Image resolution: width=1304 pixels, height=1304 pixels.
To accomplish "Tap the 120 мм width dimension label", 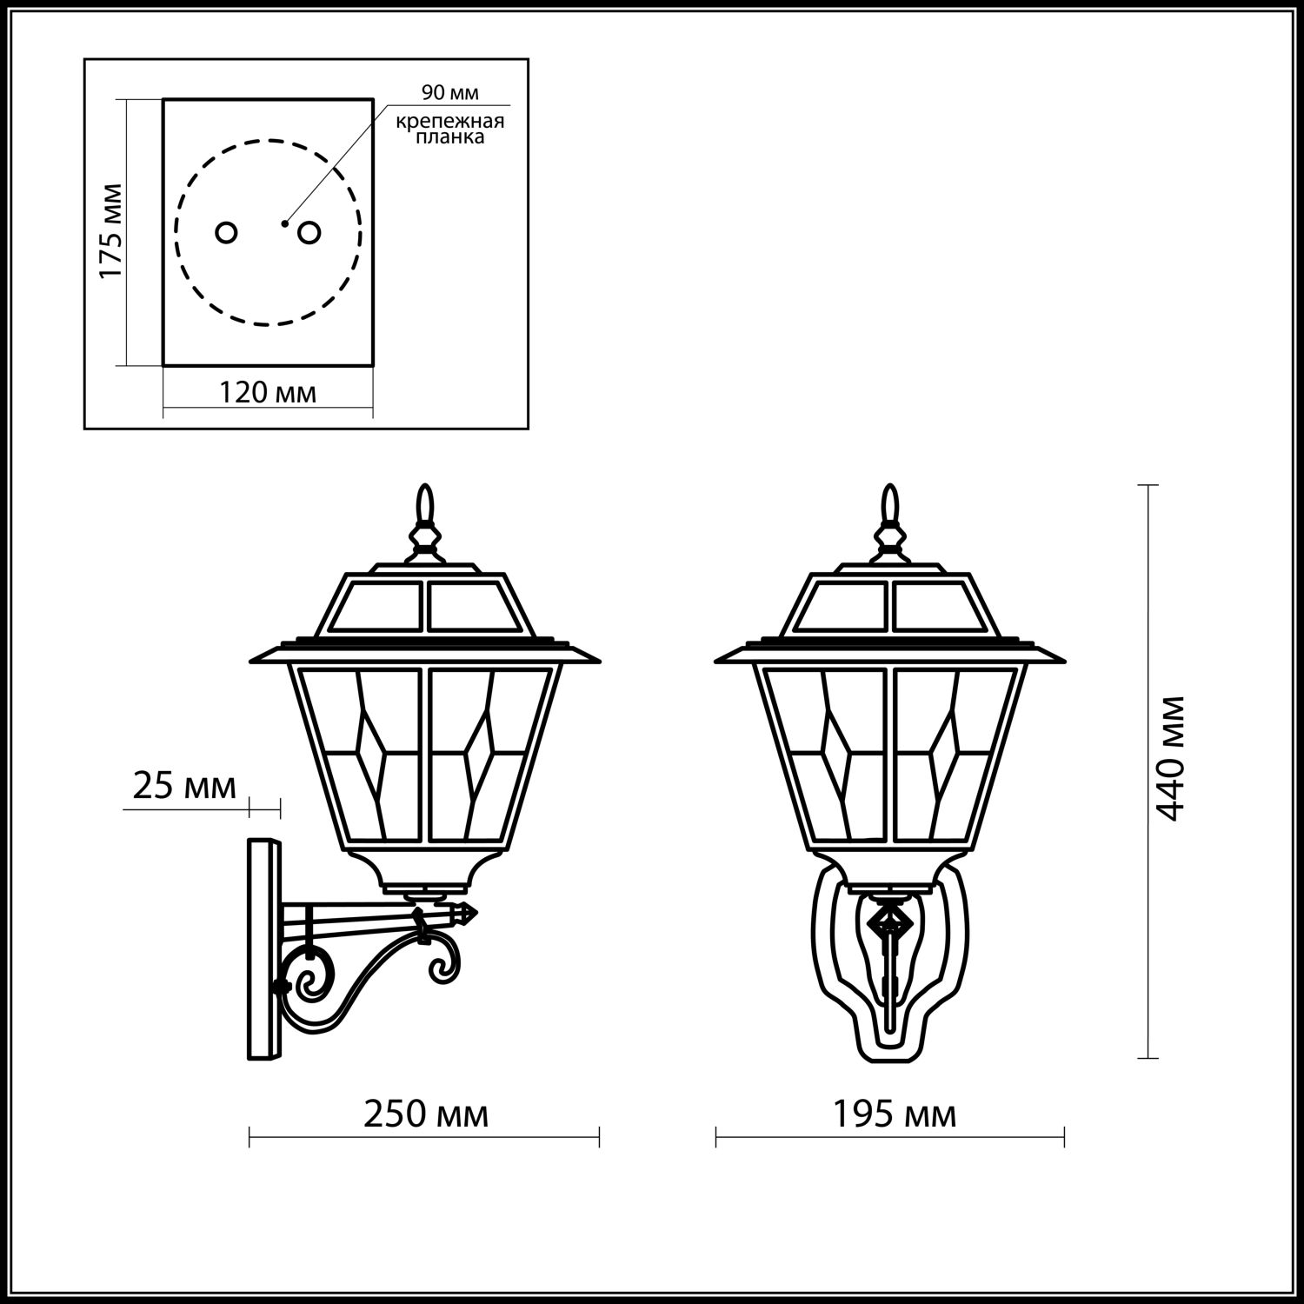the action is (268, 393).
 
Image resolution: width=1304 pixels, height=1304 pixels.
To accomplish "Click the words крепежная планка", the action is (450, 130).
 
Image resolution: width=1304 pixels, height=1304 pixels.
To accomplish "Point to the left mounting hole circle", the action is (226, 232).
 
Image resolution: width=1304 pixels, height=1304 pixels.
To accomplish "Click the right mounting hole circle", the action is (309, 232).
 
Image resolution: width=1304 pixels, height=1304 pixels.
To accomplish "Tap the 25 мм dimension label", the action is (184, 787).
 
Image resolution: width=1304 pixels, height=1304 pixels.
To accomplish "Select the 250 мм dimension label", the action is (425, 1114).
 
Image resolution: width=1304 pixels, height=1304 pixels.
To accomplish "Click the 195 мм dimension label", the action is (895, 1114).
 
